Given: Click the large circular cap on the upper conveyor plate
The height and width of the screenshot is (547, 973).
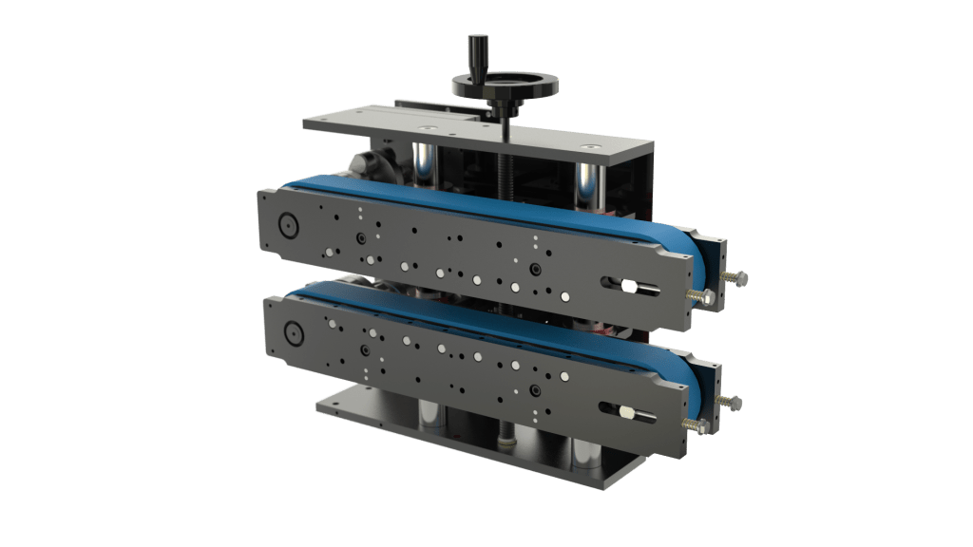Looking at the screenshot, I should [x=286, y=225].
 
